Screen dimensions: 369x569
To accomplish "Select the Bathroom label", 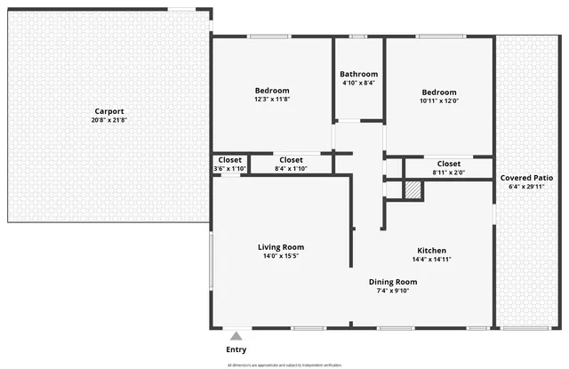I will pos(359,74).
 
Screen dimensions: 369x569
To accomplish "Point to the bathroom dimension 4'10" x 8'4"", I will pos(359,83).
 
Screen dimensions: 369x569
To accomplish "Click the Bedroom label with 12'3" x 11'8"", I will pos(272,91).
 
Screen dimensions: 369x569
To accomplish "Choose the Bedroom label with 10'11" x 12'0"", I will pos(439,92).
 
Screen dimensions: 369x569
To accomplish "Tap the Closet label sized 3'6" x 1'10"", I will pos(229,160).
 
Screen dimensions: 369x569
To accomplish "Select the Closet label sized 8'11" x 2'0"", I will pos(449,164).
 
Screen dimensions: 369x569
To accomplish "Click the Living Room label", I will pos(281,247).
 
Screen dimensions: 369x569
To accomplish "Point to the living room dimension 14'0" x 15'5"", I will pos(281,256).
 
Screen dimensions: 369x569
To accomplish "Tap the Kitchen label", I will pos(432,251).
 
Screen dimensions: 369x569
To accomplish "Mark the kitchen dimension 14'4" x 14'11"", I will pos(432,260).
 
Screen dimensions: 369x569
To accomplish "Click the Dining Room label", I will pos(393,282).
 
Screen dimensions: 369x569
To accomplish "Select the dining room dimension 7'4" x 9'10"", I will pos(393,291).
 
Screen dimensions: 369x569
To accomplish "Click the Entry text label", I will pos(236,349).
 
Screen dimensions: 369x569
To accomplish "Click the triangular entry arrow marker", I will pos(236,336).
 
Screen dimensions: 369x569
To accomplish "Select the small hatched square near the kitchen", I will pos(413,189).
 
